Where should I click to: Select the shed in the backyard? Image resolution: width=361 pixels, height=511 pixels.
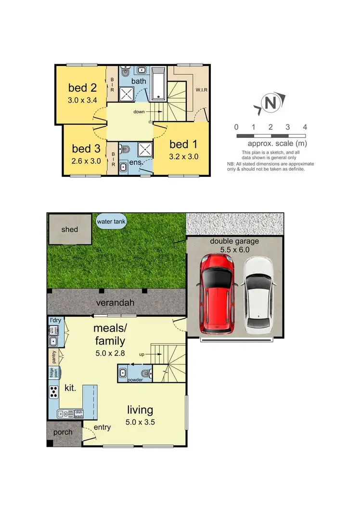[69, 230]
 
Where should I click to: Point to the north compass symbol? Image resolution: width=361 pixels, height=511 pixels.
[271, 103]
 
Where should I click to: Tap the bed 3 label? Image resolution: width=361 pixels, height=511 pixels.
[86, 148]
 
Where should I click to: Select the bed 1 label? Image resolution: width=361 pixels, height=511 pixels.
[183, 144]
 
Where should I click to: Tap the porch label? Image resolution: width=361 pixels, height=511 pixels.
[63, 432]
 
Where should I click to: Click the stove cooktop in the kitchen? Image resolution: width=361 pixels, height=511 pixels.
[53, 392]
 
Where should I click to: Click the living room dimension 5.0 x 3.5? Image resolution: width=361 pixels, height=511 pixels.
[140, 422]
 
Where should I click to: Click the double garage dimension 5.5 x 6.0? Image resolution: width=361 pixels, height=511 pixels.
[233, 250]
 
